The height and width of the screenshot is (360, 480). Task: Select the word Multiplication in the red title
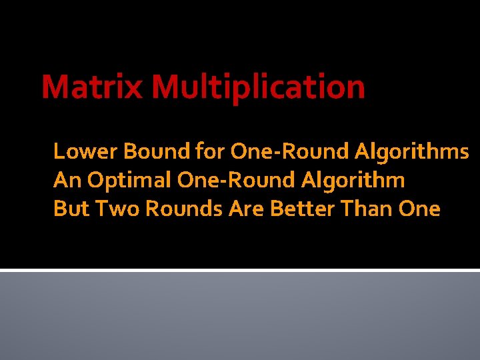tap(258, 87)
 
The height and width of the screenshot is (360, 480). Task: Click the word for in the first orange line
tap(211, 152)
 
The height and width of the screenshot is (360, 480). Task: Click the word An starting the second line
tap(64, 181)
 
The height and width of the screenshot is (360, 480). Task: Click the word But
tap(71, 209)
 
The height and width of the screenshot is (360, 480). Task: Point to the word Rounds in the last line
tap(185, 209)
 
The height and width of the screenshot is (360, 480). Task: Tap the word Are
tap(246, 209)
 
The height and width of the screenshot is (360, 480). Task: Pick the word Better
tap(301, 209)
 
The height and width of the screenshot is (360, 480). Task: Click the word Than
tap(368, 209)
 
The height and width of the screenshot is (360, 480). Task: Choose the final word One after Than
tap(419, 209)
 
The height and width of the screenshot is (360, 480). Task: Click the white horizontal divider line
tap(240, 270)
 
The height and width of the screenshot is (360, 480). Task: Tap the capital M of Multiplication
tap(165, 87)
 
